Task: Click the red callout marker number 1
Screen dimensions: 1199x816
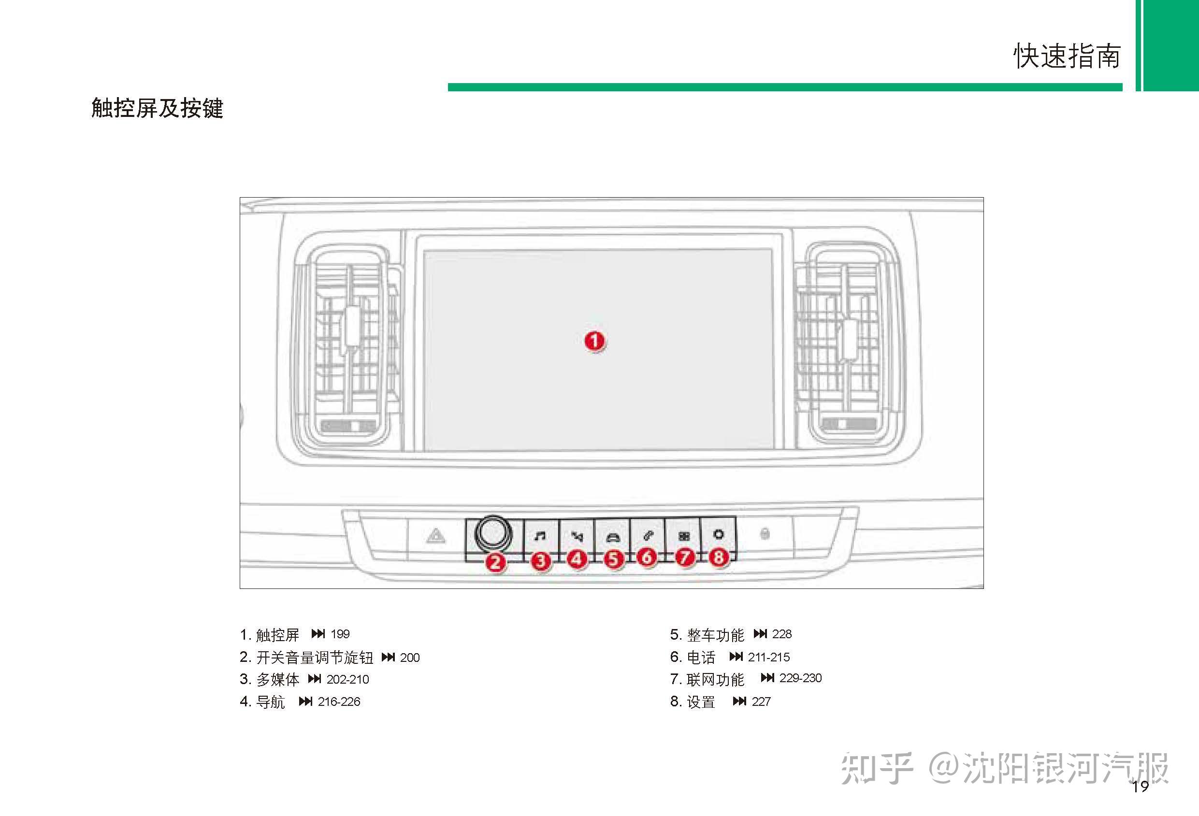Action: click(594, 341)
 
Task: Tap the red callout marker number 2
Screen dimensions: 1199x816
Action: click(495, 561)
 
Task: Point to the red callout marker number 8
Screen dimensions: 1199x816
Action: click(718, 557)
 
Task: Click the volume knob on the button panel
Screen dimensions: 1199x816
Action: click(493, 533)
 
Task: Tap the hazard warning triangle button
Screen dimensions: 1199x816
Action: click(436, 536)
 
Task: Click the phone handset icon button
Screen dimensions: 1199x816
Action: click(648, 536)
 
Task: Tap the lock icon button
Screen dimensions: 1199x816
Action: click(765, 533)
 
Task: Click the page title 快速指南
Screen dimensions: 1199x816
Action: click(1067, 56)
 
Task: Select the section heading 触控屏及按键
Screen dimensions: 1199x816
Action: click(158, 108)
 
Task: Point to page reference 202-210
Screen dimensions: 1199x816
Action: click(348, 679)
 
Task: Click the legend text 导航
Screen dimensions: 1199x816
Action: click(270, 702)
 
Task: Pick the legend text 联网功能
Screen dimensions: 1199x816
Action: click(715, 679)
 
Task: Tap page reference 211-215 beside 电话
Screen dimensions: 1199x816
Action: click(769, 657)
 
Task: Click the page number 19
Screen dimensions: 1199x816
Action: click(1140, 787)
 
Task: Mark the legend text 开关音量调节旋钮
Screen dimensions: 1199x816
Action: click(315, 658)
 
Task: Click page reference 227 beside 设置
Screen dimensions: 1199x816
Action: click(761, 701)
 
